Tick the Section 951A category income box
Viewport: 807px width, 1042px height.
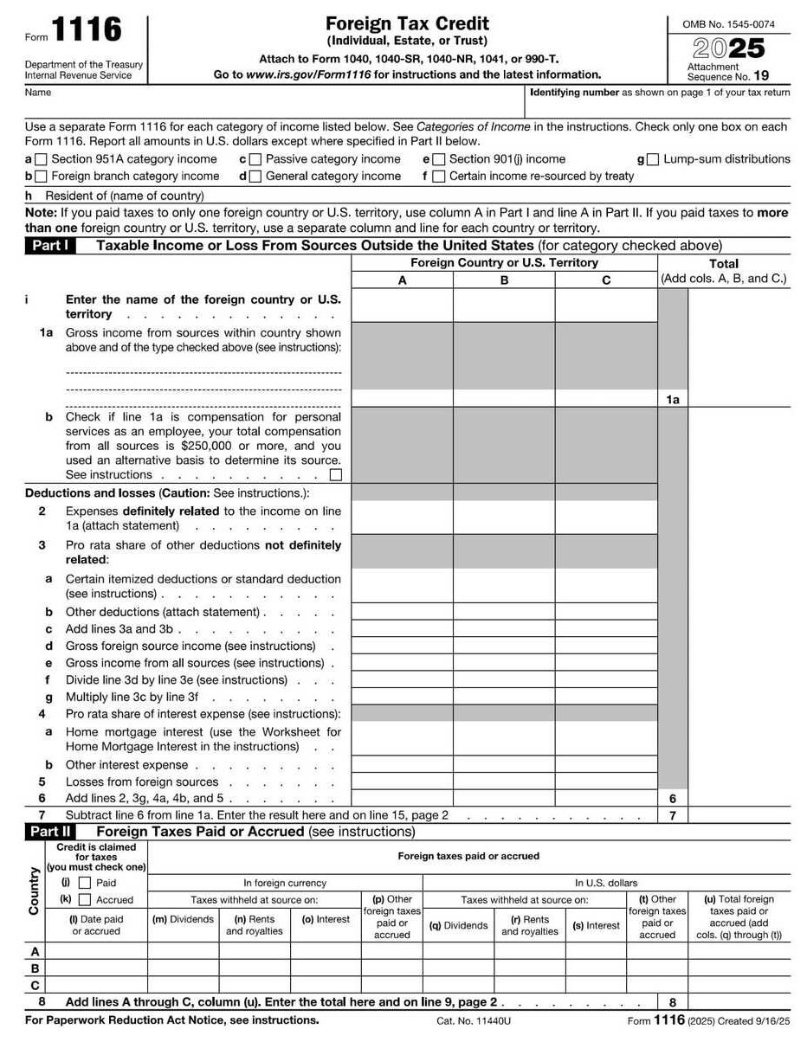(41, 159)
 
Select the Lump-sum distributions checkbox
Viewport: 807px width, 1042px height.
(653, 159)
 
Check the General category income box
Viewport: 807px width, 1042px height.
(255, 177)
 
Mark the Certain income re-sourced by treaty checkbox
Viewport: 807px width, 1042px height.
(439, 177)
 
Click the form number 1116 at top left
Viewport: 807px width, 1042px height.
(86, 31)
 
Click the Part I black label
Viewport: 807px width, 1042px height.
(49, 246)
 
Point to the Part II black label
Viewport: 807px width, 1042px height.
(49, 832)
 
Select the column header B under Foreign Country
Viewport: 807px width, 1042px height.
(504, 280)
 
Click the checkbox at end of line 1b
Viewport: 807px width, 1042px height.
(336, 474)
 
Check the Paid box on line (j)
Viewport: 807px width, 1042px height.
(85, 883)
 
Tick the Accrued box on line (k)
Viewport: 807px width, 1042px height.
(85, 900)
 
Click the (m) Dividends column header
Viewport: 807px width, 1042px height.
(183, 919)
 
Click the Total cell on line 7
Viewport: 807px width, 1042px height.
(739, 815)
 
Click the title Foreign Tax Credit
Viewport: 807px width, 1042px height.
(407, 23)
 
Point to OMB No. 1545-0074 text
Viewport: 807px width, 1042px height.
(728, 24)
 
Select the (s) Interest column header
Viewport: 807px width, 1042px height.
(596, 925)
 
